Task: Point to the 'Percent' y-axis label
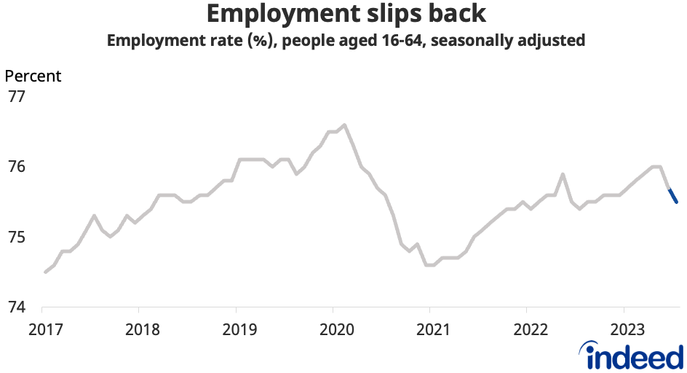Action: pyautogui.click(x=33, y=76)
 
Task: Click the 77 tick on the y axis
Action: pyautogui.click(x=17, y=96)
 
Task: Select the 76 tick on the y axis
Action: pyautogui.click(x=17, y=167)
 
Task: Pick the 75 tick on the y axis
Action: pyautogui.click(x=17, y=237)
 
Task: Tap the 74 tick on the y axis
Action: pyautogui.click(x=17, y=307)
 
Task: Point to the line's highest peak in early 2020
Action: pyautogui.click(x=344, y=125)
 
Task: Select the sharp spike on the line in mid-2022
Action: pyautogui.click(x=563, y=174)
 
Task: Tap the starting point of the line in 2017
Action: pyautogui.click(x=45, y=272)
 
